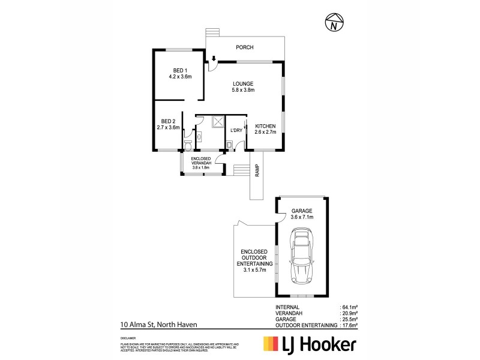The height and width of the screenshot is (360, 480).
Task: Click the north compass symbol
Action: pos(333,23)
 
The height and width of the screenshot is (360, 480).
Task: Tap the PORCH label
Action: pos(244,47)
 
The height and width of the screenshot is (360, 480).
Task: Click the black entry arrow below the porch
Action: pos(214,59)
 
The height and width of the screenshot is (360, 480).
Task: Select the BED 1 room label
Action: pos(179,71)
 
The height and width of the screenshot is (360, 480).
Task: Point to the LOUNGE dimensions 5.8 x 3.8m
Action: pos(244,91)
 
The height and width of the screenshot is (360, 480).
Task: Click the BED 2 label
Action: pos(168,121)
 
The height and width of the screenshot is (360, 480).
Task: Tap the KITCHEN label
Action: pos(265,125)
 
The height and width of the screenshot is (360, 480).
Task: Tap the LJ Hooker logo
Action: pos(310,344)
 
